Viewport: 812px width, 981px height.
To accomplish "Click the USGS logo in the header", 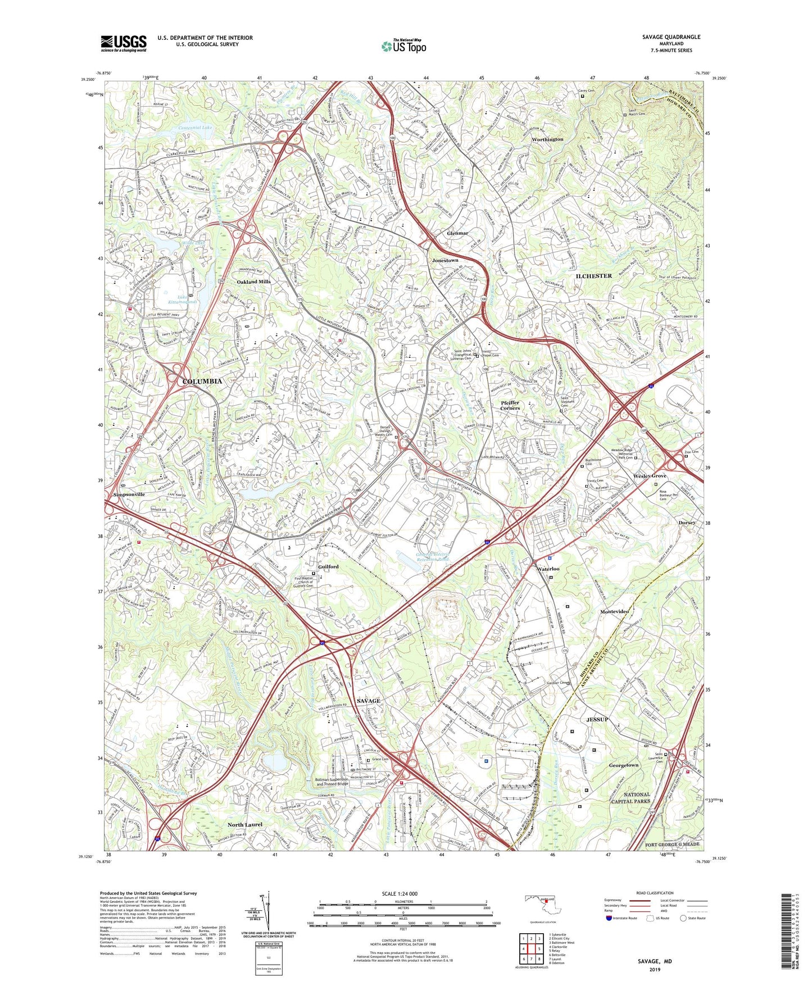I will pyautogui.click(x=124, y=43).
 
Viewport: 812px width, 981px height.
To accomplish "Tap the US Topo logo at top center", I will pyautogui.click(x=403, y=46).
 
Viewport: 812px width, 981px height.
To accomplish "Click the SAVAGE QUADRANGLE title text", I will pyautogui.click(x=671, y=37).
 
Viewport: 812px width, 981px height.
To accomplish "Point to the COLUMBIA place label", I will pyautogui.click(x=202, y=381).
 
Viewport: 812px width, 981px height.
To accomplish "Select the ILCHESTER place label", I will pyautogui.click(x=593, y=276).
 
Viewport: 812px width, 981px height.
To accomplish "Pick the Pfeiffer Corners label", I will pyautogui.click(x=510, y=405).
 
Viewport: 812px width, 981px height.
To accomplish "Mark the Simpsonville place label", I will pyautogui.click(x=129, y=494).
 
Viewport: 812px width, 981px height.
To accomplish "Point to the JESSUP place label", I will pyautogui.click(x=597, y=720).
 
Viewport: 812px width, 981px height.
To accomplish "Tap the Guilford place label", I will pyautogui.click(x=328, y=567).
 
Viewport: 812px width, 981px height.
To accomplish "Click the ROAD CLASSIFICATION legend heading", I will pyautogui.click(x=655, y=893).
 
